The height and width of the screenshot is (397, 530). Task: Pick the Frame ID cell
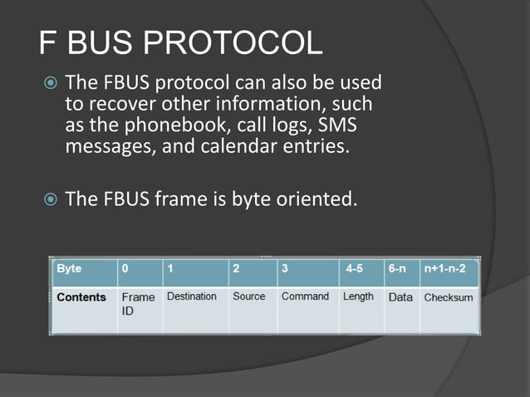[138, 303]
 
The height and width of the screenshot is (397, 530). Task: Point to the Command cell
[305, 297]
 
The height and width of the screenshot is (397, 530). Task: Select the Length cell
[358, 297]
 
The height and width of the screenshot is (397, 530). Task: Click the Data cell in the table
[400, 297]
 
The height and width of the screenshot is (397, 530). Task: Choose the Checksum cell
[449, 297]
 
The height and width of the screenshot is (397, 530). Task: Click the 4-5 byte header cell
[358, 270]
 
